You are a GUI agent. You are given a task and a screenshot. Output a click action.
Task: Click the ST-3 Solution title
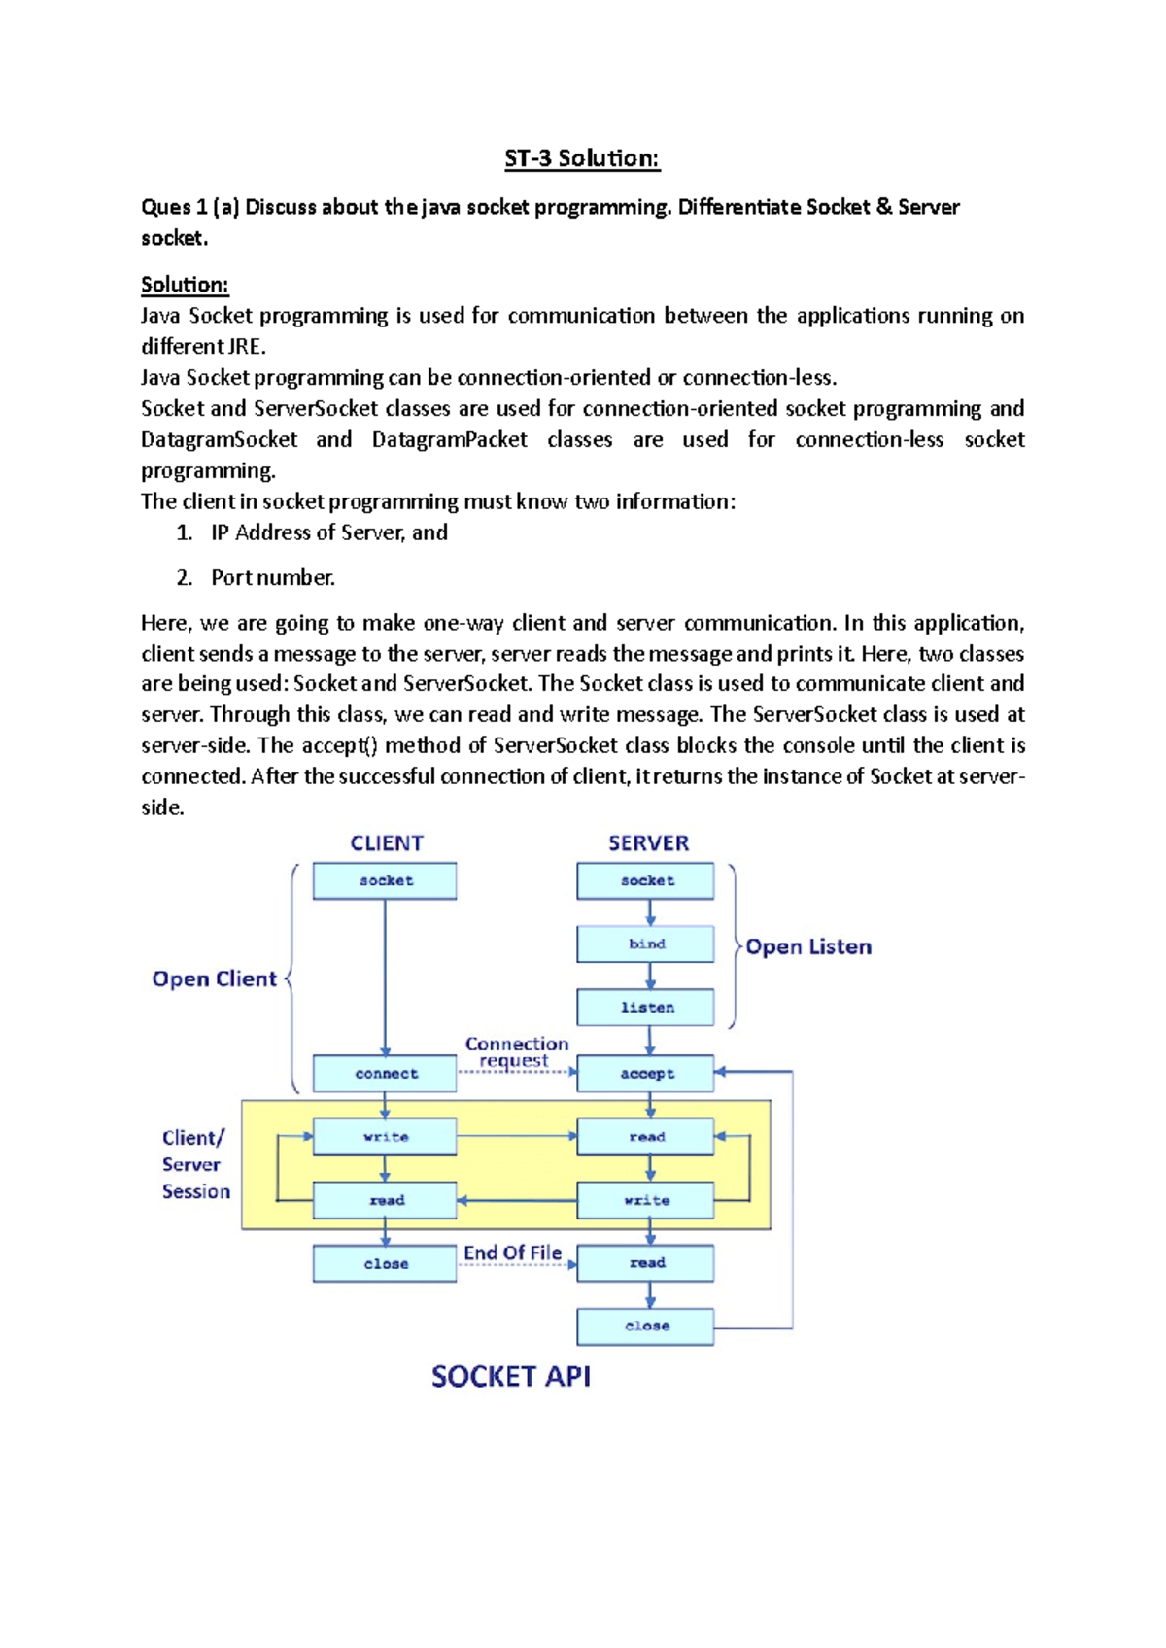tap(582, 158)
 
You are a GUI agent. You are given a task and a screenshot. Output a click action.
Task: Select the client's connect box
tap(385, 1074)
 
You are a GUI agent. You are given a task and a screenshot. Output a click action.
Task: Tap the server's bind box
tap(645, 944)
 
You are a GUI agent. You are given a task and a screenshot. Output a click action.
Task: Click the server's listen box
tap(645, 1008)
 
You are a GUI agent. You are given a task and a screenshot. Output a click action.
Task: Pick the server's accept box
tap(645, 1074)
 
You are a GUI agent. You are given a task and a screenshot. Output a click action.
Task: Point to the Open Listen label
tap(807, 947)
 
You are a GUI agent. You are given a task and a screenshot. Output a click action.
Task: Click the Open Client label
tap(214, 979)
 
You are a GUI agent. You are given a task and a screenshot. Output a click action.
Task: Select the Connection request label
tap(516, 1052)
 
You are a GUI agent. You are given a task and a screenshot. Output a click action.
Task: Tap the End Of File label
tap(512, 1253)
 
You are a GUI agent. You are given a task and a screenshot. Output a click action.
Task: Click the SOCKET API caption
tap(511, 1377)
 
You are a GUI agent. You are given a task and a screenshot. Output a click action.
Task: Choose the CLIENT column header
tap(387, 843)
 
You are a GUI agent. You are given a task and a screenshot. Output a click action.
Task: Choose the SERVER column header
tap(648, 843)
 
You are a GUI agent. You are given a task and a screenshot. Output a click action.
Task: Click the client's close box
tap(385, 1264)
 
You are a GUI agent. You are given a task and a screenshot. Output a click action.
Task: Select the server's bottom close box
tap(645, 1326)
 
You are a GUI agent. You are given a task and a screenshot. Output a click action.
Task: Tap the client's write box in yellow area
tap(385, 1137)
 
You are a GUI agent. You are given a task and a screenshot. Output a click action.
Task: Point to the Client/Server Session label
tap(195, 1164)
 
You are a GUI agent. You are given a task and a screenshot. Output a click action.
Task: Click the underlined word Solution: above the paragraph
tap(185, 285)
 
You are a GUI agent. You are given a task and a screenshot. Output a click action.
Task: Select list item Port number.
tap(272, 578)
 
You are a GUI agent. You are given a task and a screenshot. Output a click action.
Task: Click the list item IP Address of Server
tap(328, 532)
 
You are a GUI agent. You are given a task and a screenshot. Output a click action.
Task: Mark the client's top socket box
tap(385, 881)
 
